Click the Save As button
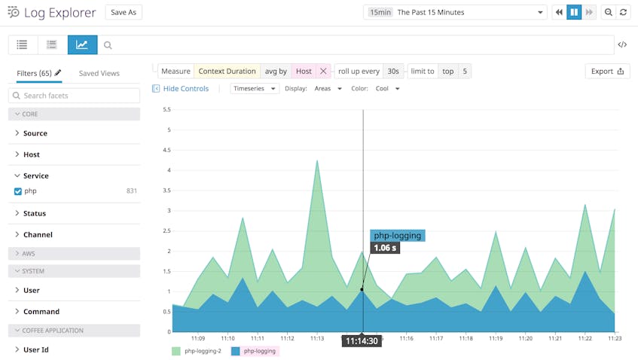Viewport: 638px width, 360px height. point(123,12)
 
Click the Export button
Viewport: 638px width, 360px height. point(607,71)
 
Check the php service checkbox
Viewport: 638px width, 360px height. point(18,191)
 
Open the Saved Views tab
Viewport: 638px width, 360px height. point(99,73)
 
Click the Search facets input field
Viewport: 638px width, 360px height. point(74,96)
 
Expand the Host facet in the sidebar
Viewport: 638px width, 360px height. point(31,154)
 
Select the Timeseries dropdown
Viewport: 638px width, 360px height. point(255,88)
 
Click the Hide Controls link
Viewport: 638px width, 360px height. point(181,88)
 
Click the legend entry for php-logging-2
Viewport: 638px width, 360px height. point(197,351)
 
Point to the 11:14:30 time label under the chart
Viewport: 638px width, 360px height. point(362,341)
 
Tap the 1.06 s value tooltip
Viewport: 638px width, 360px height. point(385,248)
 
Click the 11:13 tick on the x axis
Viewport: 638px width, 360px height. point(317,339)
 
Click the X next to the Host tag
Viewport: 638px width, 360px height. point(323,71)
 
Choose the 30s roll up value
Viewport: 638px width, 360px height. point(392,71)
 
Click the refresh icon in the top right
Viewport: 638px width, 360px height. point(623,12)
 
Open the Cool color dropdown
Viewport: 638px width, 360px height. point(387,88)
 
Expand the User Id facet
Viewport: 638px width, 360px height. point(36,349)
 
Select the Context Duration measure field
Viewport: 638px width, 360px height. point(227,71)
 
